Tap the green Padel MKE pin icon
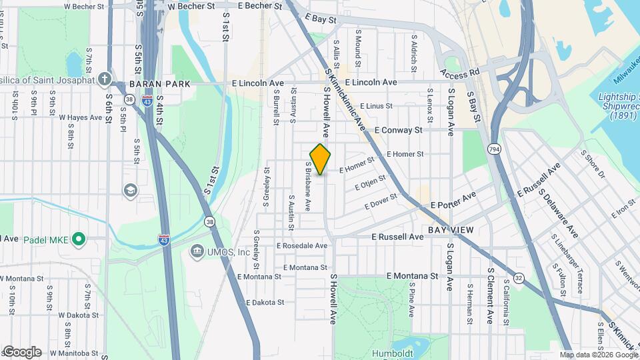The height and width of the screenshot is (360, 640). pyautogui.click(x=79, y=238)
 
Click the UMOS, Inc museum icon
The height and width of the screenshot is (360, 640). pyautogui.click(x=197, y=252)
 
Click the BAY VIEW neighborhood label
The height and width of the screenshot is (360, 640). pyautogui.click(x=451, y=230)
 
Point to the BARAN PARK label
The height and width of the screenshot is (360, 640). pyautogui.click(x=159, y=84)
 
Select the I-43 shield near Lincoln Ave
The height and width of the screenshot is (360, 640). pyautogui.click(x=147, y=100)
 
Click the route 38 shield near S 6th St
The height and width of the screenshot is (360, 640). pyautogui.click(x=128, y=98)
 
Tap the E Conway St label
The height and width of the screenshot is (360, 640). pyautogui.click(x=399, y=130)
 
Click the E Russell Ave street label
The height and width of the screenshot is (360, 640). pyautogui.click(x=397, y=237)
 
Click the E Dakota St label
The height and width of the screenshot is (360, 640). pyautogui.click(x=265, y=302)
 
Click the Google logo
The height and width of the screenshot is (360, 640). pyautogui.click(x=22, y=352)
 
